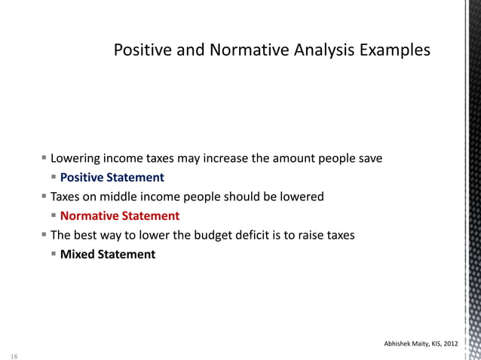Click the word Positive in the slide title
[x=140, y=50]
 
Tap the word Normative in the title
[x=242, y=50]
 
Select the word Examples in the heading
[x=396, y=50]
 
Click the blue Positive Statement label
[x=112, y=178]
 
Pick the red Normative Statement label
[x=120, y=216]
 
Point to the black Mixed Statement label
[x=108, y=255]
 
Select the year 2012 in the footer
[x=449, y=344]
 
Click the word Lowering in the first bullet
[x=75, y=159]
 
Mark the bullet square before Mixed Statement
[x=54, y=254]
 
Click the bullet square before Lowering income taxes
[x=44, y=158]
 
